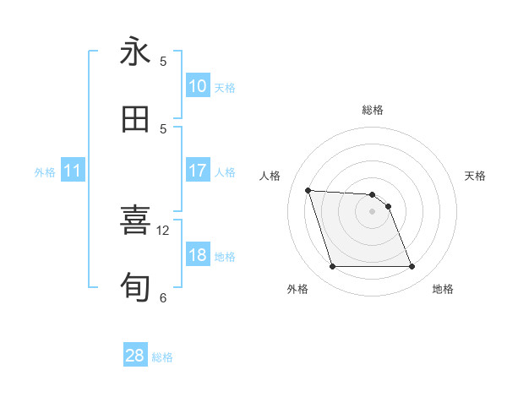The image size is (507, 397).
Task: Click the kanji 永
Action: coord(135,52)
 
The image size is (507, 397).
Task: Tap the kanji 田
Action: coord(135,119)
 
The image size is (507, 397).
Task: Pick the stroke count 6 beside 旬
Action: coord(163,297)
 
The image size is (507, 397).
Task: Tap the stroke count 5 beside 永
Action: coord(163,61)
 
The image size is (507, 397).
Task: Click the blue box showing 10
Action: coord(198,86)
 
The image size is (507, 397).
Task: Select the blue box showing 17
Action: coord(198,171)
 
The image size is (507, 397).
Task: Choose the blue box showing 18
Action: coord(198,256)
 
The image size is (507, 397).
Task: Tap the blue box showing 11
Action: coord(73,171)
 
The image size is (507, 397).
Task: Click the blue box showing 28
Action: coord(135,356)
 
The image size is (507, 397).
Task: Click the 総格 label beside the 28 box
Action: coord(162,357)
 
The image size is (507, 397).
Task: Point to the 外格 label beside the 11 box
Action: coord(45,172)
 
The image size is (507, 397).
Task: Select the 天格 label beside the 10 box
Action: coord(224,87)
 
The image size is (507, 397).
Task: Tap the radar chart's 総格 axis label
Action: coord(372,110)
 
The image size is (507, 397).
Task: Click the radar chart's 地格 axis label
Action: coord(443,289)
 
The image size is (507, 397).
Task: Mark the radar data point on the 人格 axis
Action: coord(308,190)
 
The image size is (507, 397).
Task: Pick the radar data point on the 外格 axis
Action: coord(332,267)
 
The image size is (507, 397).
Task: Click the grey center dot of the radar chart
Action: coord(372,211)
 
